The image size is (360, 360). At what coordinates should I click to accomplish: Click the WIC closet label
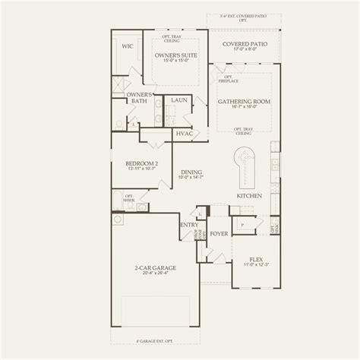pos(128,46)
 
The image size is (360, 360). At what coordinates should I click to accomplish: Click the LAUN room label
pos(179,99)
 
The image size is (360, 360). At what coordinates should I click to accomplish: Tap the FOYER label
pos(219,234)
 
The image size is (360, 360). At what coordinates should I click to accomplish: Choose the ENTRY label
pos(189,225)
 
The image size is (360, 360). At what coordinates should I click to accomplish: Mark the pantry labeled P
pos(242,226)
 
